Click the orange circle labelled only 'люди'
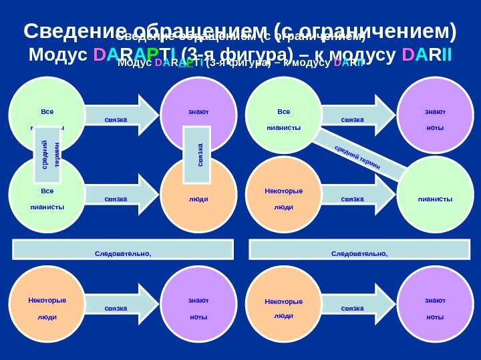pyautogui.click(x=198, y=198)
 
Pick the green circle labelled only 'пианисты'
pyautogui.click(x=435, y=198)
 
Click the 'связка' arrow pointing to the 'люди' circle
pyautogui.click(x=120, y=198)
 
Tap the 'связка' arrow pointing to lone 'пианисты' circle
pyautogui.click(x=354, y=198)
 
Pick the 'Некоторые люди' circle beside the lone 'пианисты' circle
pyautogui.click(x=284, y=198)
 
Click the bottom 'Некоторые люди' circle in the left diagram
pyautogui.click(x=47, y=307)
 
